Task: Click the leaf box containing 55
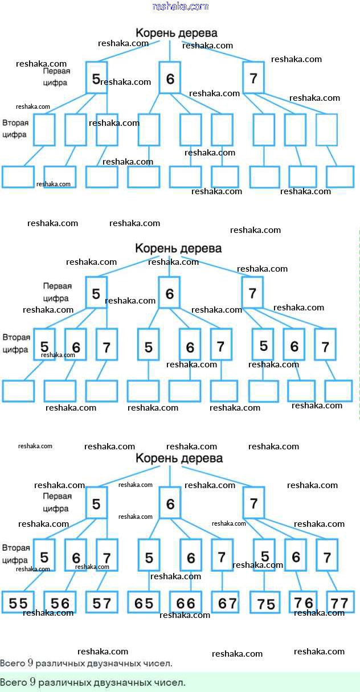tap(18, 603)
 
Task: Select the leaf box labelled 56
tap(60, 603)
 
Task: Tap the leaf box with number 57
tap(101, 603)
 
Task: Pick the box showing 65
tap(144, 603)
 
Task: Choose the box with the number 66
tap(185, 603)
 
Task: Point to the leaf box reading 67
tap(227, 603)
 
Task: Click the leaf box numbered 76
tap(304, 601)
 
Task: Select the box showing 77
tap(339, 601)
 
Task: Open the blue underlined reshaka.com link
tap(181, 6)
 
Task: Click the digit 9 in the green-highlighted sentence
tap(32, 682)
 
